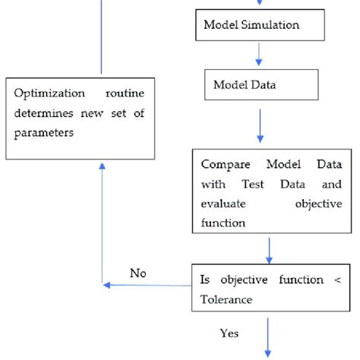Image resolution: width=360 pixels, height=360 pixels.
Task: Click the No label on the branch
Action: (137, 273)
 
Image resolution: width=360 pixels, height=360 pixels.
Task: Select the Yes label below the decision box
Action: (229, 333)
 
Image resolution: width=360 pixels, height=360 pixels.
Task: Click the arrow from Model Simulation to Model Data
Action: (260, 53)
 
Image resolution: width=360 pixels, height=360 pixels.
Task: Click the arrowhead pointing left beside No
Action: (106, 286)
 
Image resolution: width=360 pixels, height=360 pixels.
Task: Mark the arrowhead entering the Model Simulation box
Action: (260, 5)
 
